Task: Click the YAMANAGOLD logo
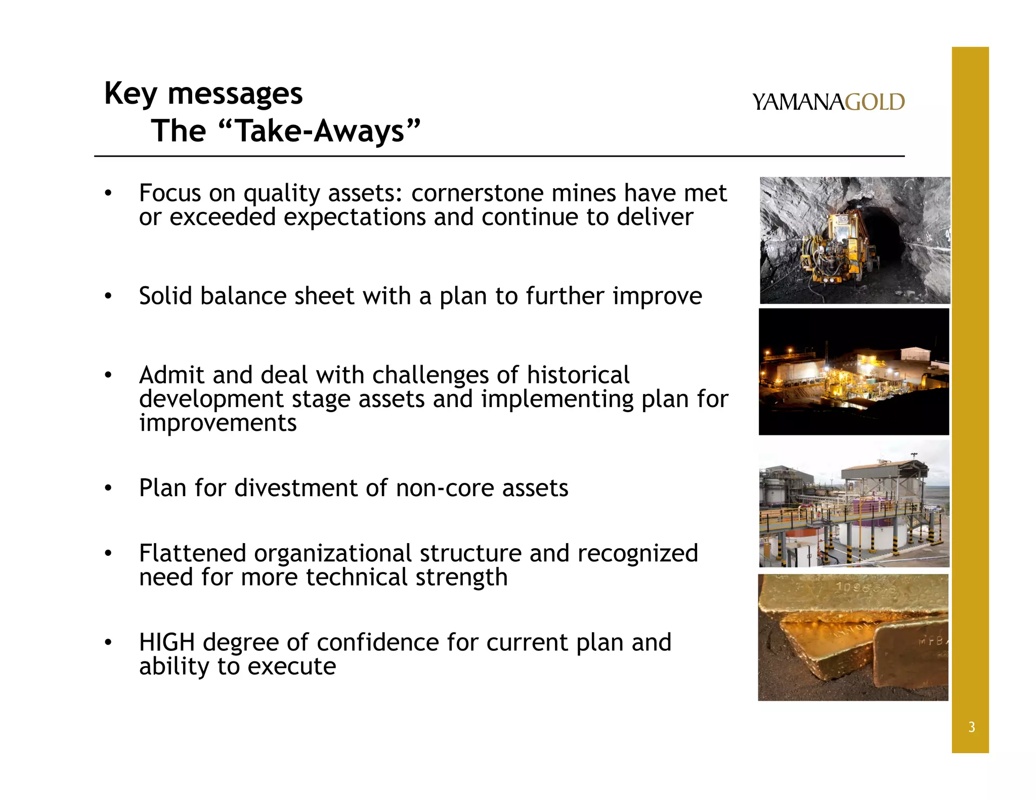tap(828, 102)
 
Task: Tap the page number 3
tap(971, 727)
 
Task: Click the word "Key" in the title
tap(130, 94)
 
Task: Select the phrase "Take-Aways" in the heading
tap(321, 131)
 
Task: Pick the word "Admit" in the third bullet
tap(171, 375)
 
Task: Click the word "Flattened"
tap(193, 553)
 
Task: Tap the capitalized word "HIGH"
tap(167, 643)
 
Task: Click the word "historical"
tap(578, 375)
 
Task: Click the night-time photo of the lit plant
tap(854, 372)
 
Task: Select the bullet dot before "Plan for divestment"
tap(108, 488)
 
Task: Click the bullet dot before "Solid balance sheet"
tap(108, 296)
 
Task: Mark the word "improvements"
tap(218, 423)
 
